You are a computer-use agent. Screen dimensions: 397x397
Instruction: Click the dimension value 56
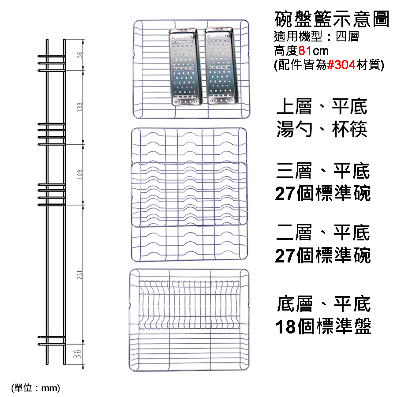coord(79,55)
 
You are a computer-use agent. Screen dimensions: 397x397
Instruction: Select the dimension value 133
coord(79,107)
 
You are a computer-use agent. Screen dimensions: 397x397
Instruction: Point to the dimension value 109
coord(79,175)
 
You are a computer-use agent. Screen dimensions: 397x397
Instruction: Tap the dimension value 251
coord(79,275)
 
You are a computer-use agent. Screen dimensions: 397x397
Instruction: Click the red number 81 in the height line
coord(305,51)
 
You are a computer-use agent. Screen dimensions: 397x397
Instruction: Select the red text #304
coord(341,65)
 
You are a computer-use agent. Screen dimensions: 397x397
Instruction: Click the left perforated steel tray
coord(186,67)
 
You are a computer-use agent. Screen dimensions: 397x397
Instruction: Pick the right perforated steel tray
coord(221,66)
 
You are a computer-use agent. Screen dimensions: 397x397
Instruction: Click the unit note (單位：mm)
coord(35,388)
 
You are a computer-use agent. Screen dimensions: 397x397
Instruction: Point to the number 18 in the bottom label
coord(285,327)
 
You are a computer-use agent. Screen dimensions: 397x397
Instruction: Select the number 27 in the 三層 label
coord(285,194)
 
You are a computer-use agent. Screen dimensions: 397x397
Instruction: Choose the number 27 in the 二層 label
coord(285,255)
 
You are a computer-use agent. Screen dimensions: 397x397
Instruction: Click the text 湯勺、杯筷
coord(322,129)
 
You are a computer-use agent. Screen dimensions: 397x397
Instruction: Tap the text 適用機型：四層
coord(316,37)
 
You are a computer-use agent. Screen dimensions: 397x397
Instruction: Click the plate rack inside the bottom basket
coord(189,304)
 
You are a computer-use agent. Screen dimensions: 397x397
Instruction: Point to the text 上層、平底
coord(322,107)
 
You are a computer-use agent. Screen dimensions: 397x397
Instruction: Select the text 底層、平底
coord(324,304)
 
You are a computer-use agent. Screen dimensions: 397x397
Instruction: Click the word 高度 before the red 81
coord(286,51)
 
